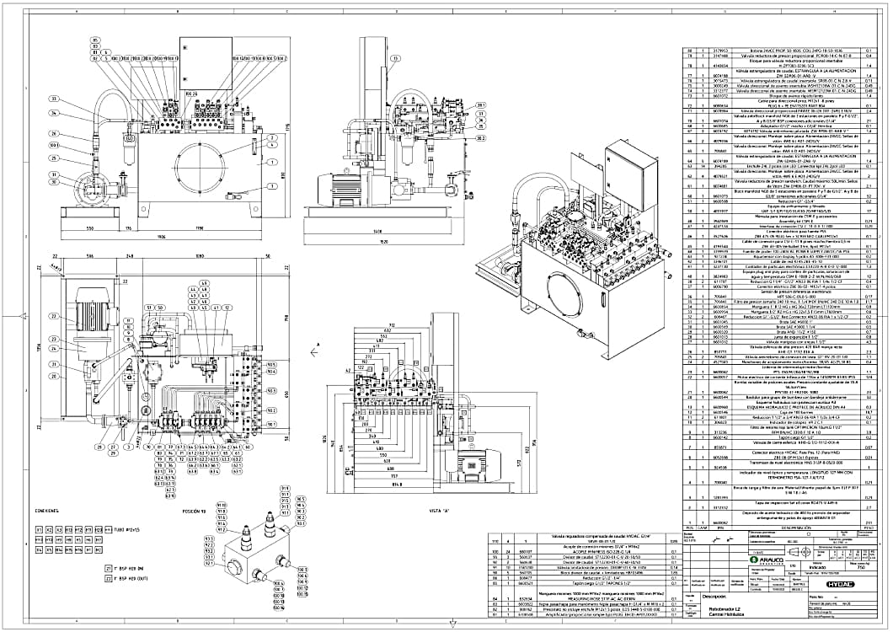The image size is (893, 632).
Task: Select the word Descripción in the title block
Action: pos(714,597)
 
